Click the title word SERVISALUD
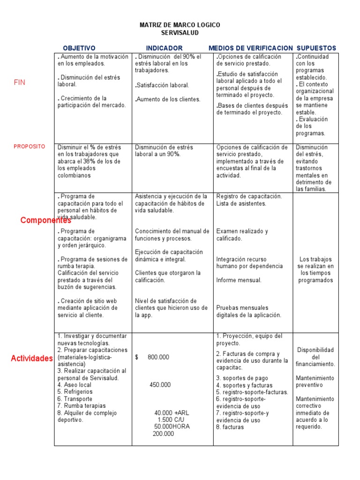(180, 33)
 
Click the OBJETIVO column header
(79, 48)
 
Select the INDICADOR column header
(164, 48)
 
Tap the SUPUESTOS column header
(316, 48)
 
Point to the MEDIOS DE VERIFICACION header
(250, 48)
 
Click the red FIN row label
(20, 82)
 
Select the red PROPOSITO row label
(30, 147)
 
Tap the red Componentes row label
(45, 220)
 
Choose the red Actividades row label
(31, 359)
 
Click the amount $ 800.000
(152, 357)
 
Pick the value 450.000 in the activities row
(160, 385)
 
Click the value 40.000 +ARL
(172, 413)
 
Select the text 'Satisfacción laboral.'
(162, 85)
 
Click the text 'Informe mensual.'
(239, 280)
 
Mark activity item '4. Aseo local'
(75, 385)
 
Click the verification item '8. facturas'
(230, 427)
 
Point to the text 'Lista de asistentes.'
(241, 203)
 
